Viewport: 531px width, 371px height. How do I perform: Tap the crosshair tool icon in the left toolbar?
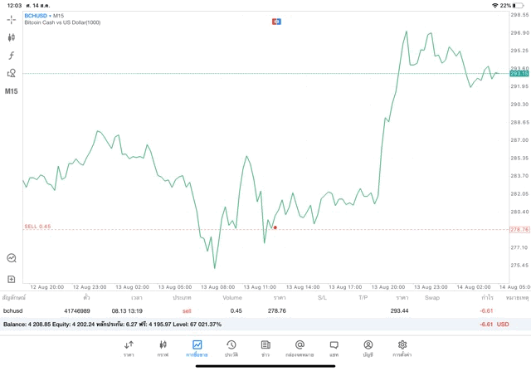(12, 19)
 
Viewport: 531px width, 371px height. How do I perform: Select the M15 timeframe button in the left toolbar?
(12, 91)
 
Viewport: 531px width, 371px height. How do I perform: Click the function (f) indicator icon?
(12, 55)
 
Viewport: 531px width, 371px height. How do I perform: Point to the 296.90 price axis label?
(519, 33)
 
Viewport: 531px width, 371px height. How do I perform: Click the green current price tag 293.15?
(519, 74)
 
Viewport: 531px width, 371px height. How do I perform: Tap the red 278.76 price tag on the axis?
(519, 229)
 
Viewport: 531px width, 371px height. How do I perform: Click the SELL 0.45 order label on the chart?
(37, 226)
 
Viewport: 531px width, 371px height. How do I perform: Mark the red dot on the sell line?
(275, 227)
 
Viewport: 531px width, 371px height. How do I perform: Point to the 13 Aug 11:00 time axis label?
(258, 286)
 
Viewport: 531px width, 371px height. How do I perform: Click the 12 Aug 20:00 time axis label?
(47, 286)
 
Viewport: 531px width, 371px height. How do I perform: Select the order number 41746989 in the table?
(77, 310)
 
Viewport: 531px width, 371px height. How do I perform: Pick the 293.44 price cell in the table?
(400, 310)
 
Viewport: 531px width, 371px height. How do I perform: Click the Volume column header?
(232, 297)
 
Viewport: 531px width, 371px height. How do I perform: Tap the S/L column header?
(322, 297)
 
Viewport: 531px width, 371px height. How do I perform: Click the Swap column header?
(432, 297)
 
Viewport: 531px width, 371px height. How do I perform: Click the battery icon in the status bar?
(518, 5)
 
